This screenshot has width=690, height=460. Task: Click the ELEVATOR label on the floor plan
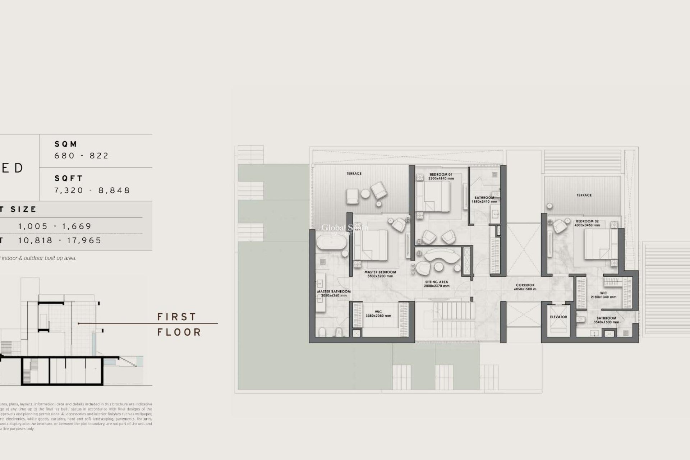[558, 317]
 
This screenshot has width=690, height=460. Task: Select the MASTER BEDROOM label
[380, 272]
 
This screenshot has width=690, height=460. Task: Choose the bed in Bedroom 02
[596, 244]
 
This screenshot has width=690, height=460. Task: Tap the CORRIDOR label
[525, 285]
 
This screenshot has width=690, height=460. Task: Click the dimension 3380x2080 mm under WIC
[378, 316]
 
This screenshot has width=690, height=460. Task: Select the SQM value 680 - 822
[82, 156]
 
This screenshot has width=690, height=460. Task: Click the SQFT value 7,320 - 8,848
[92, 190]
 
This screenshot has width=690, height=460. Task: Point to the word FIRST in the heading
[177, 317]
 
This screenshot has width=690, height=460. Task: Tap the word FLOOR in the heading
[179, 332]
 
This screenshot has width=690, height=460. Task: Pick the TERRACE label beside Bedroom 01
[354, 174]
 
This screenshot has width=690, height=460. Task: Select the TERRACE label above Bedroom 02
[584, 195]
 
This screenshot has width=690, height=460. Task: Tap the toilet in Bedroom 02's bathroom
[581, 319]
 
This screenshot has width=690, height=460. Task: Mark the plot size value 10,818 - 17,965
[60, 240]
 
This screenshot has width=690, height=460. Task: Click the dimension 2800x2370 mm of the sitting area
[436, 286]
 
